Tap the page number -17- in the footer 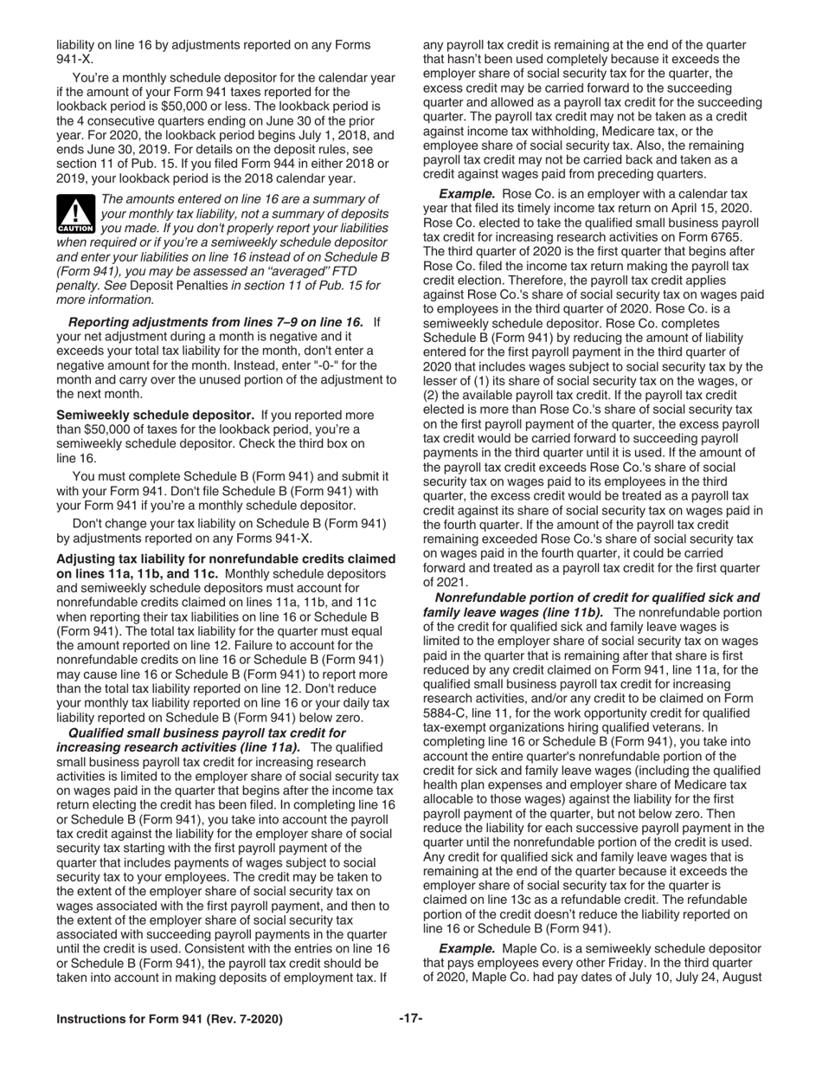point(410,1019)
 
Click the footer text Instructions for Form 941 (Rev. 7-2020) point(169,1020)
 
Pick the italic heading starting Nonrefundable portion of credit point(597,598)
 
